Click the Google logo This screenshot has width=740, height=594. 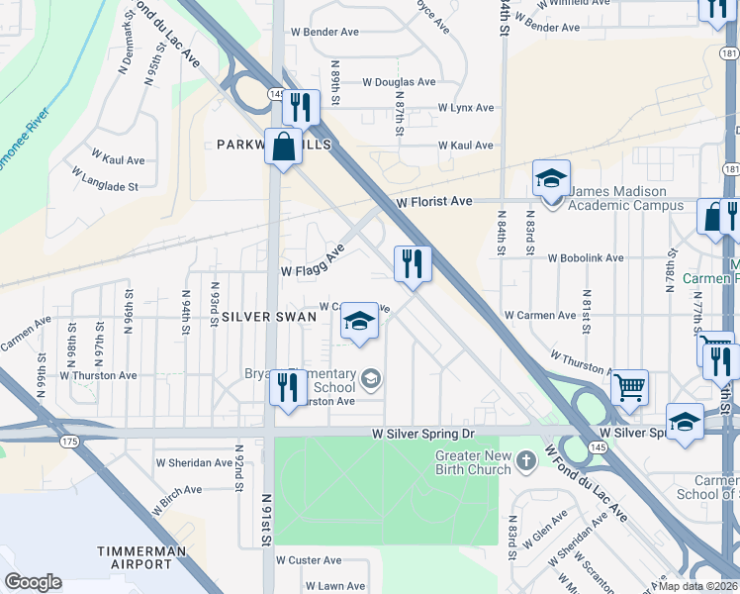click(33, 582)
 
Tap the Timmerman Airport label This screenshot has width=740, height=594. click(135, 556)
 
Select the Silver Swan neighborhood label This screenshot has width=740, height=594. click(269, 317)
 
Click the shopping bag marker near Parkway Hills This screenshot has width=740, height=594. click(284, 147)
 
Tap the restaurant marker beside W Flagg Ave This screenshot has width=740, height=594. click(413, 264)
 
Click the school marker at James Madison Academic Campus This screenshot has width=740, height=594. click(552, 179)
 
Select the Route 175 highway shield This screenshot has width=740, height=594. click(68, 441)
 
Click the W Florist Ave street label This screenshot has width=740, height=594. click(434, 201)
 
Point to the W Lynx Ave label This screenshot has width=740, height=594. click(458, 107)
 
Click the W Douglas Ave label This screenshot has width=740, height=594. click(399, 82)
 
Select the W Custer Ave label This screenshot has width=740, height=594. click(309, 559)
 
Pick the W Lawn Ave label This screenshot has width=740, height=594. click(335, 586)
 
